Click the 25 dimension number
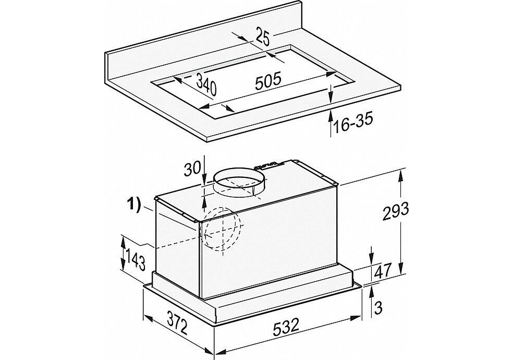262,38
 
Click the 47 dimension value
383,271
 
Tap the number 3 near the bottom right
378,308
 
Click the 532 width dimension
286,326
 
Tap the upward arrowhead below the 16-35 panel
331,116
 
